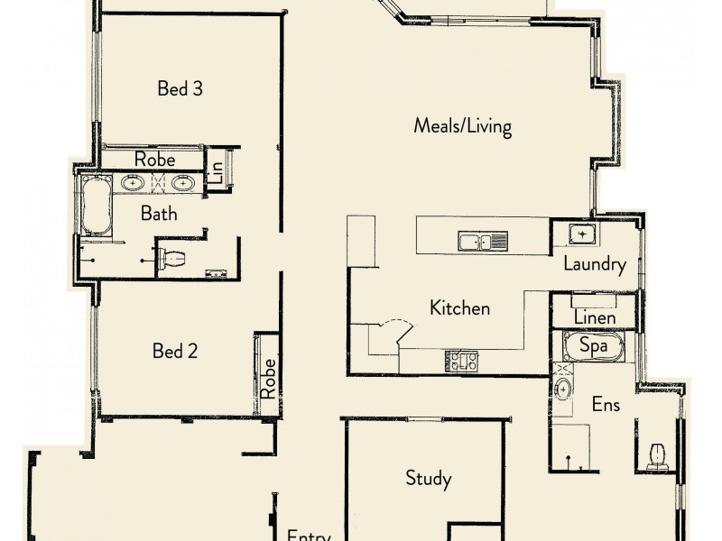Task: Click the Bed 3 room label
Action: pos(179,88)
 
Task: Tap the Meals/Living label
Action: pos(462,125)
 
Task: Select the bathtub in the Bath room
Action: pos(95,206)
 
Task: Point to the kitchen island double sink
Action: pos(483,241)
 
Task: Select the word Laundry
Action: pos(594,264)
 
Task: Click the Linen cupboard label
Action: pos(595,317)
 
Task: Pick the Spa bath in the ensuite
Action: pos(592,345)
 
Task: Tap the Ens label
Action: pos(606,405)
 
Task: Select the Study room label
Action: pos(428,478)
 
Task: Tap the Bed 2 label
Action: pos(176,351)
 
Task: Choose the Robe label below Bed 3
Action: pos(154,160)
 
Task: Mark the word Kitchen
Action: pos(459,308)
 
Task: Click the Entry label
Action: pos(309,534)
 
